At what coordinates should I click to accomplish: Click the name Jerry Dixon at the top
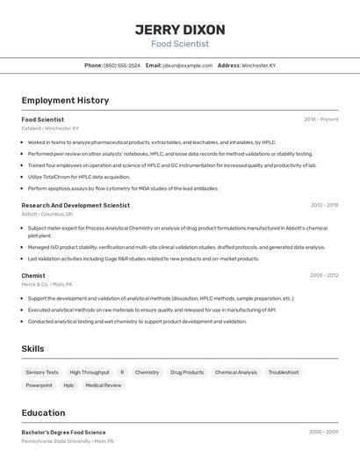[x=179, y=30]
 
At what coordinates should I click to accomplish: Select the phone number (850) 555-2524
[x=122, y=65]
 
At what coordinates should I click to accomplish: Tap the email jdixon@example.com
[x=187, y=65]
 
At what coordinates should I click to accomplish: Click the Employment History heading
[x=65, y=100]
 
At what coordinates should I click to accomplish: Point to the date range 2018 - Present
[x=321, y=120]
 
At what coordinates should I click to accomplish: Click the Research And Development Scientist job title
[x=76, y=205]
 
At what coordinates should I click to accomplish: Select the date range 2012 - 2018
[x=324, y=205]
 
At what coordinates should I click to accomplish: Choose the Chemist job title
[x=33, y=275]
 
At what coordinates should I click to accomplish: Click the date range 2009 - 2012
[x=324, y=275]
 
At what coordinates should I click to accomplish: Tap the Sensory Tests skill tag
[x=42, y=372]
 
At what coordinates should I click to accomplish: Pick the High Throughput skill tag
[x=90, y=372]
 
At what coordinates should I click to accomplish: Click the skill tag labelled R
[x=122, y=372]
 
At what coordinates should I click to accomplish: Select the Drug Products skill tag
[x=187, y=372]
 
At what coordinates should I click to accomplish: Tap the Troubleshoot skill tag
[x=284, y=372]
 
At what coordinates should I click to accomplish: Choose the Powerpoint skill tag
[x=40, y=385]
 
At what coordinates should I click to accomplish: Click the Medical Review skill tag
[x=104, y=385]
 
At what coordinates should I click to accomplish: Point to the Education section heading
[x=43, y=412]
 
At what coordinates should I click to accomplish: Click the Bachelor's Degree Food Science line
[x=63, y=433]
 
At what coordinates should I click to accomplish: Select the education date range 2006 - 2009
[x=323, y=433]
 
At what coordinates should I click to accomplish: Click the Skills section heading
[x=32, y=348]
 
